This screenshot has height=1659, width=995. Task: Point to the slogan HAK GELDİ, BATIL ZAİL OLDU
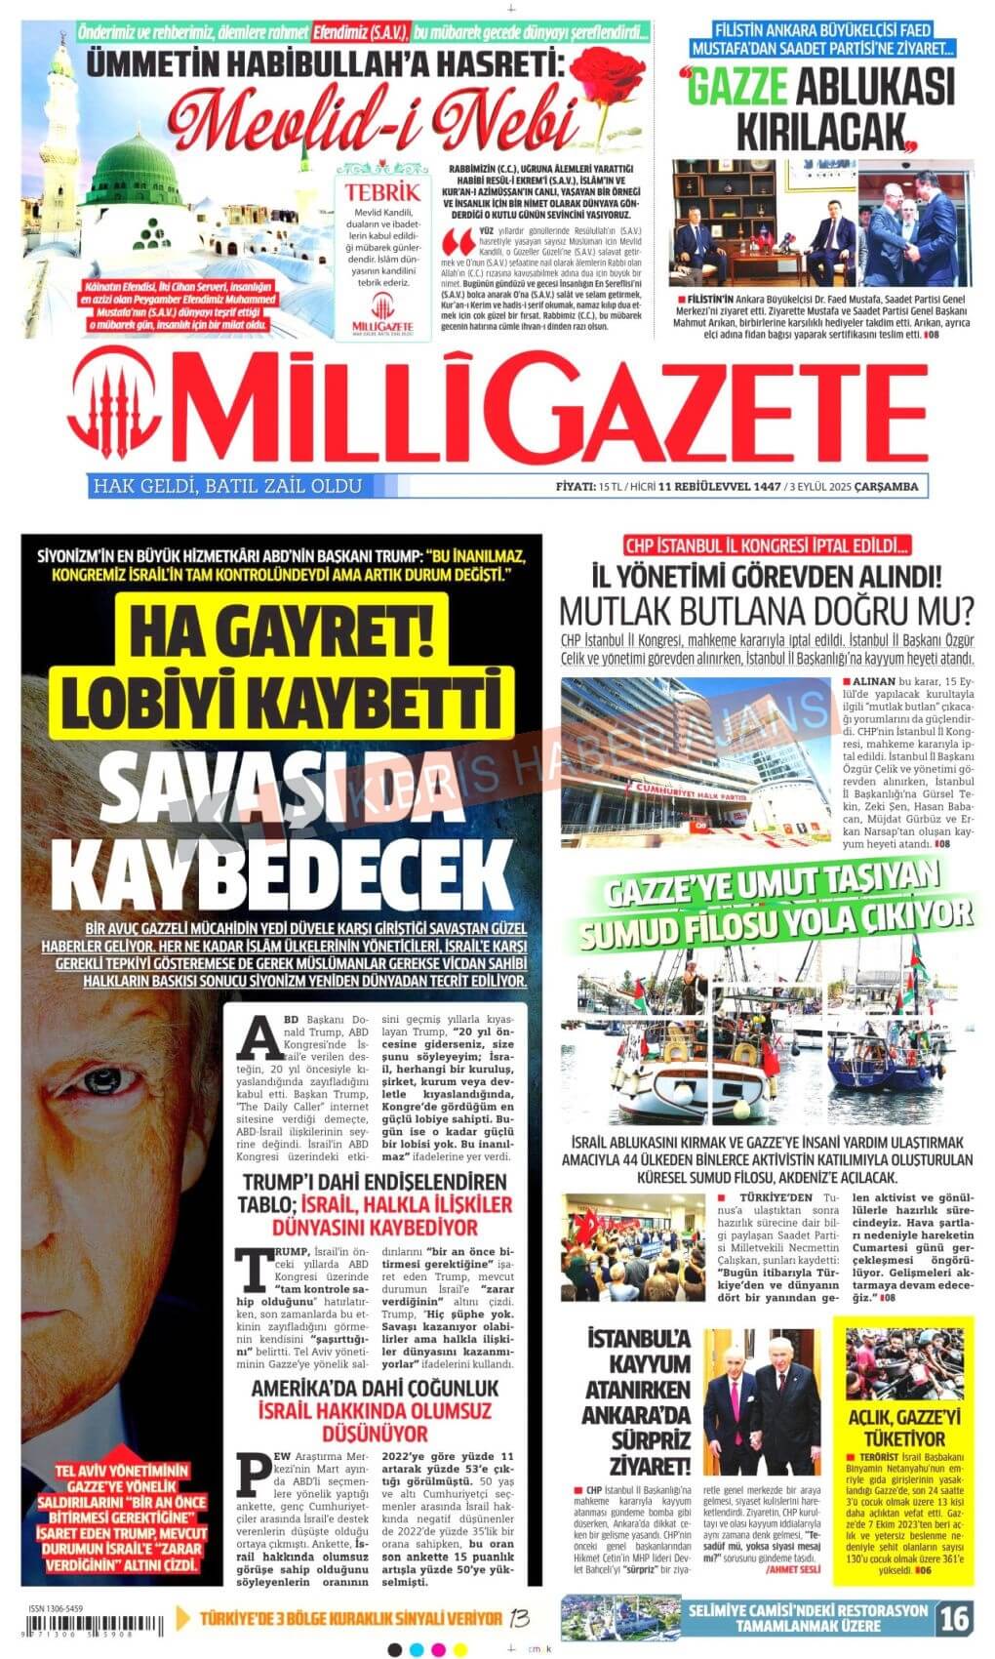(225, 486)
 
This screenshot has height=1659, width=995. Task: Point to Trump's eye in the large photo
(104, 1081)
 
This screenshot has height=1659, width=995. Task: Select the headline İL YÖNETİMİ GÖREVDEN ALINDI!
(766, 577)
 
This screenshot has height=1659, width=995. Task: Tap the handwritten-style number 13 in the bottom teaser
(520, 1618)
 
